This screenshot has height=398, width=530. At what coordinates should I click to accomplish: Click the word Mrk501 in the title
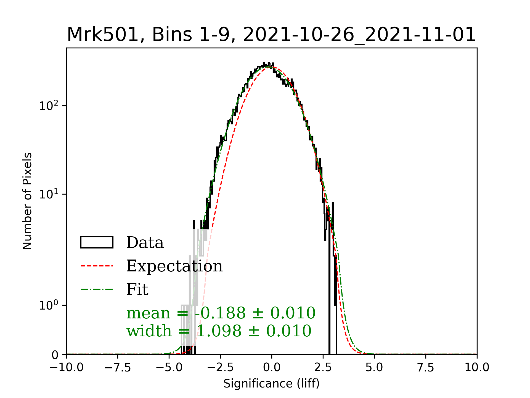click(102, 35)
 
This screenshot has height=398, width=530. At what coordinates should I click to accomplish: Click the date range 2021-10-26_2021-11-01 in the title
click(359, 35)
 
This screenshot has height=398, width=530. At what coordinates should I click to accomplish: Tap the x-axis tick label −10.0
click(67, 368)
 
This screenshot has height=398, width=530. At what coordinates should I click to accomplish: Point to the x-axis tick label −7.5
click(118, 368)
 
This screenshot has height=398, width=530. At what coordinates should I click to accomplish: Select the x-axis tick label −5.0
click(169, 368)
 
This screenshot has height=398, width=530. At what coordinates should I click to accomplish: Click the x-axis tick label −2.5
click(220, 368)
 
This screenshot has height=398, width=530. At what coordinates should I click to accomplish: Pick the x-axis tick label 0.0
click(272, 368)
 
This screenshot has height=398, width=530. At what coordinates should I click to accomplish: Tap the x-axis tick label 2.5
click(323, 368)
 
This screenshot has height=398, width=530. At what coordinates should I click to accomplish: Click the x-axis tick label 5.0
click(374, 368)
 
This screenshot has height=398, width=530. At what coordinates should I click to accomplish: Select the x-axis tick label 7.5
click(426, 368)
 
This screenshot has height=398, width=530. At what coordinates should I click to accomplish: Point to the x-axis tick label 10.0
click(477, 368)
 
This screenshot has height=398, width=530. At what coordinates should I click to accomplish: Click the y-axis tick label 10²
click(49, 106)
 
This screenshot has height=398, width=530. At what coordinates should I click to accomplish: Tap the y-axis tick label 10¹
click(49, 194)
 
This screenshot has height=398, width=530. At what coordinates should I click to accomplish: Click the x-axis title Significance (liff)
click(272, 384)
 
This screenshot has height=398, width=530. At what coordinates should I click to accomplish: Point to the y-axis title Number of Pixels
click(27, 201)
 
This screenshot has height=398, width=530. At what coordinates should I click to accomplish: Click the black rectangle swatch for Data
click(97, 242)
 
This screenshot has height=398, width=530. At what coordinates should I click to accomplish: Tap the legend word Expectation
click(174, 266)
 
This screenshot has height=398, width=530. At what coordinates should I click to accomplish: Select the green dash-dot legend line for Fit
click(97, 290)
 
